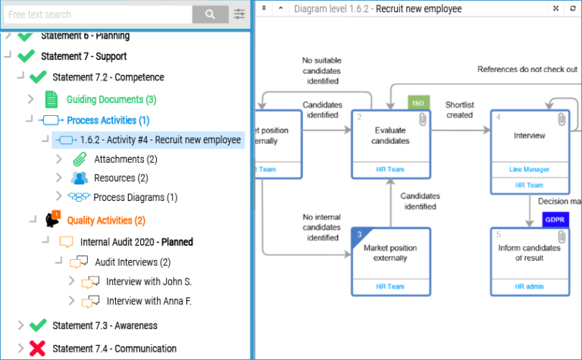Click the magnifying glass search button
(210, 14)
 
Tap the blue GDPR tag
(554, 220)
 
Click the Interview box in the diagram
(529, 136)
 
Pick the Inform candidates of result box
(529, 253)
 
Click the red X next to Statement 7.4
(37, 349)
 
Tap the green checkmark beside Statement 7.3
(37, 325)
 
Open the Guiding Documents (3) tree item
(111, 99)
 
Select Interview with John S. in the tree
(149, 281)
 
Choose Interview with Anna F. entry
(149, 301)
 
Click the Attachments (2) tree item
(125, 159)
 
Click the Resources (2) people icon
(80, 178)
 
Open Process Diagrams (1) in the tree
(135, 197)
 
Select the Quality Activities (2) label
(106, 221)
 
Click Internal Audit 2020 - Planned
(136, 242)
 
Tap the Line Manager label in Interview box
(529, 169)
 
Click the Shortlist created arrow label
(459, 110)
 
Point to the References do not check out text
(527, 69)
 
